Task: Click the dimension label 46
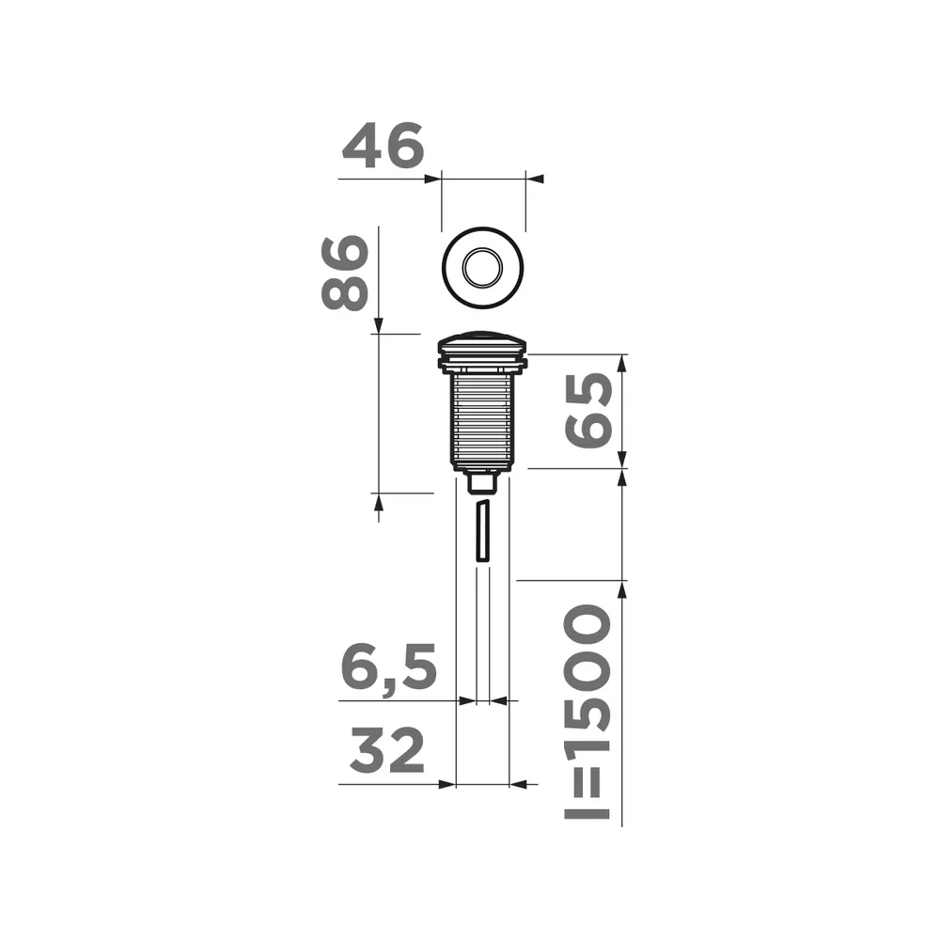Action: point(384,146)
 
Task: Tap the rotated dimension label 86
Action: point(344,273)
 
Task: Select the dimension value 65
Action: point(589,411)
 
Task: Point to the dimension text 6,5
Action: point(388,667)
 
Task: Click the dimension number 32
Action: point(387,750)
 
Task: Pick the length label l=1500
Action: point(587,712)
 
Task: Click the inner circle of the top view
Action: point(482,268)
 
